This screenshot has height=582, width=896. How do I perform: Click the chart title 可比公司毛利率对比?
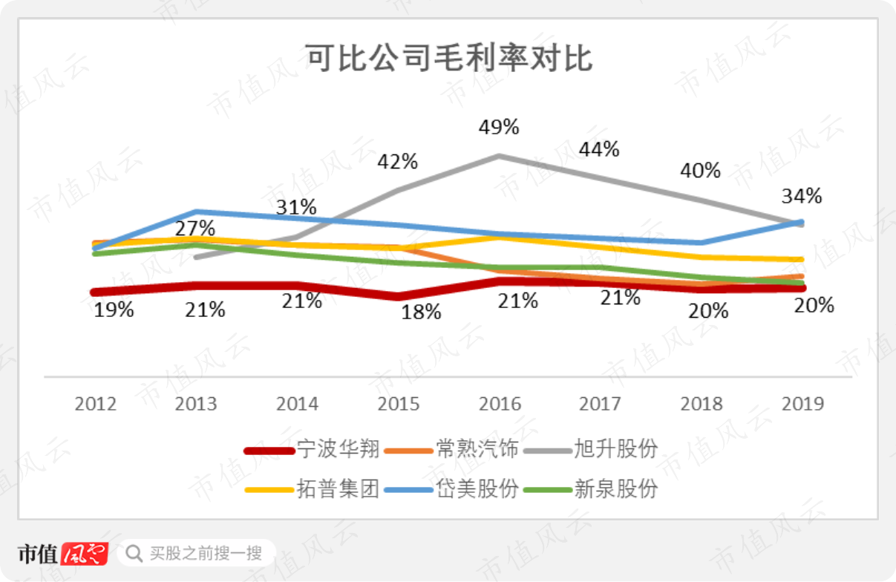(x=449, y=58)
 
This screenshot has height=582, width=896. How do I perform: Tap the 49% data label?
(x=499, y=127)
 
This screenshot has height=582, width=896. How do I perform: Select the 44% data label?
(x=599, y=150)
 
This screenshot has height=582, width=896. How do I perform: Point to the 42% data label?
(x=398, y=162)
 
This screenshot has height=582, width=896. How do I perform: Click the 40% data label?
(x=701, y=171)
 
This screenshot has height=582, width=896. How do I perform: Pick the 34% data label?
(x=802, y=197)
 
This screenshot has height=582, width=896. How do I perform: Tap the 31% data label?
(x=296, y=207)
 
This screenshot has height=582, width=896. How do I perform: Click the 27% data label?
(x=195, y=229)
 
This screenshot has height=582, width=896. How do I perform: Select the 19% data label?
(x=114, y=310)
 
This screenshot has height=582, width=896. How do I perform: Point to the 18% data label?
(x=421, y=313)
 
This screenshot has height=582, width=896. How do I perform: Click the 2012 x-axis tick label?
(x=96, y=404)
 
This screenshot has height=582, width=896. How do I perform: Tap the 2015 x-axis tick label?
(x=399, y=404)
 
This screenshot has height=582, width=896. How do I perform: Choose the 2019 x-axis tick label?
(x=802, y=404)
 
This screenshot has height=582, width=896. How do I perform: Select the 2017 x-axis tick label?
(x=600, y=404)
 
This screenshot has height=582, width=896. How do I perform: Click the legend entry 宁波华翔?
(x=312, y=449)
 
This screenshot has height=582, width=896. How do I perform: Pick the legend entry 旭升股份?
(x=590, y=449)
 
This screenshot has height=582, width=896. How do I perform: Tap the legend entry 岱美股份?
(x=451, y=488)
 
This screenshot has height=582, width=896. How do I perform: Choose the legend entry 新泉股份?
(x=590, y=488)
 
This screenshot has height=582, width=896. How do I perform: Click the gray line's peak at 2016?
(x=499, y=156)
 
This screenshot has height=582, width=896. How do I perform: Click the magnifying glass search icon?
(x=134, y=554)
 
